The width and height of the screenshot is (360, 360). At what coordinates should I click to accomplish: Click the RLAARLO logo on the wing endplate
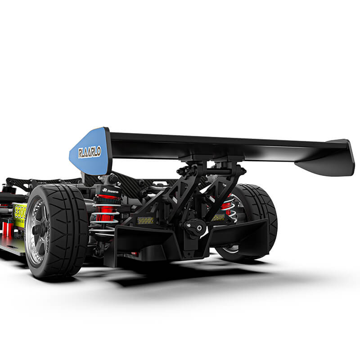(x=90, y=152)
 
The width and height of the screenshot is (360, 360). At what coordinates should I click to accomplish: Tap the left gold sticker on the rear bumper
(x=145, y=220)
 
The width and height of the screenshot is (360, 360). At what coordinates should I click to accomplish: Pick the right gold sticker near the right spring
(x=219, y=217)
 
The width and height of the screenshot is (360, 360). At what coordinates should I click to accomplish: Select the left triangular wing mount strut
(x=169, y=198)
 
